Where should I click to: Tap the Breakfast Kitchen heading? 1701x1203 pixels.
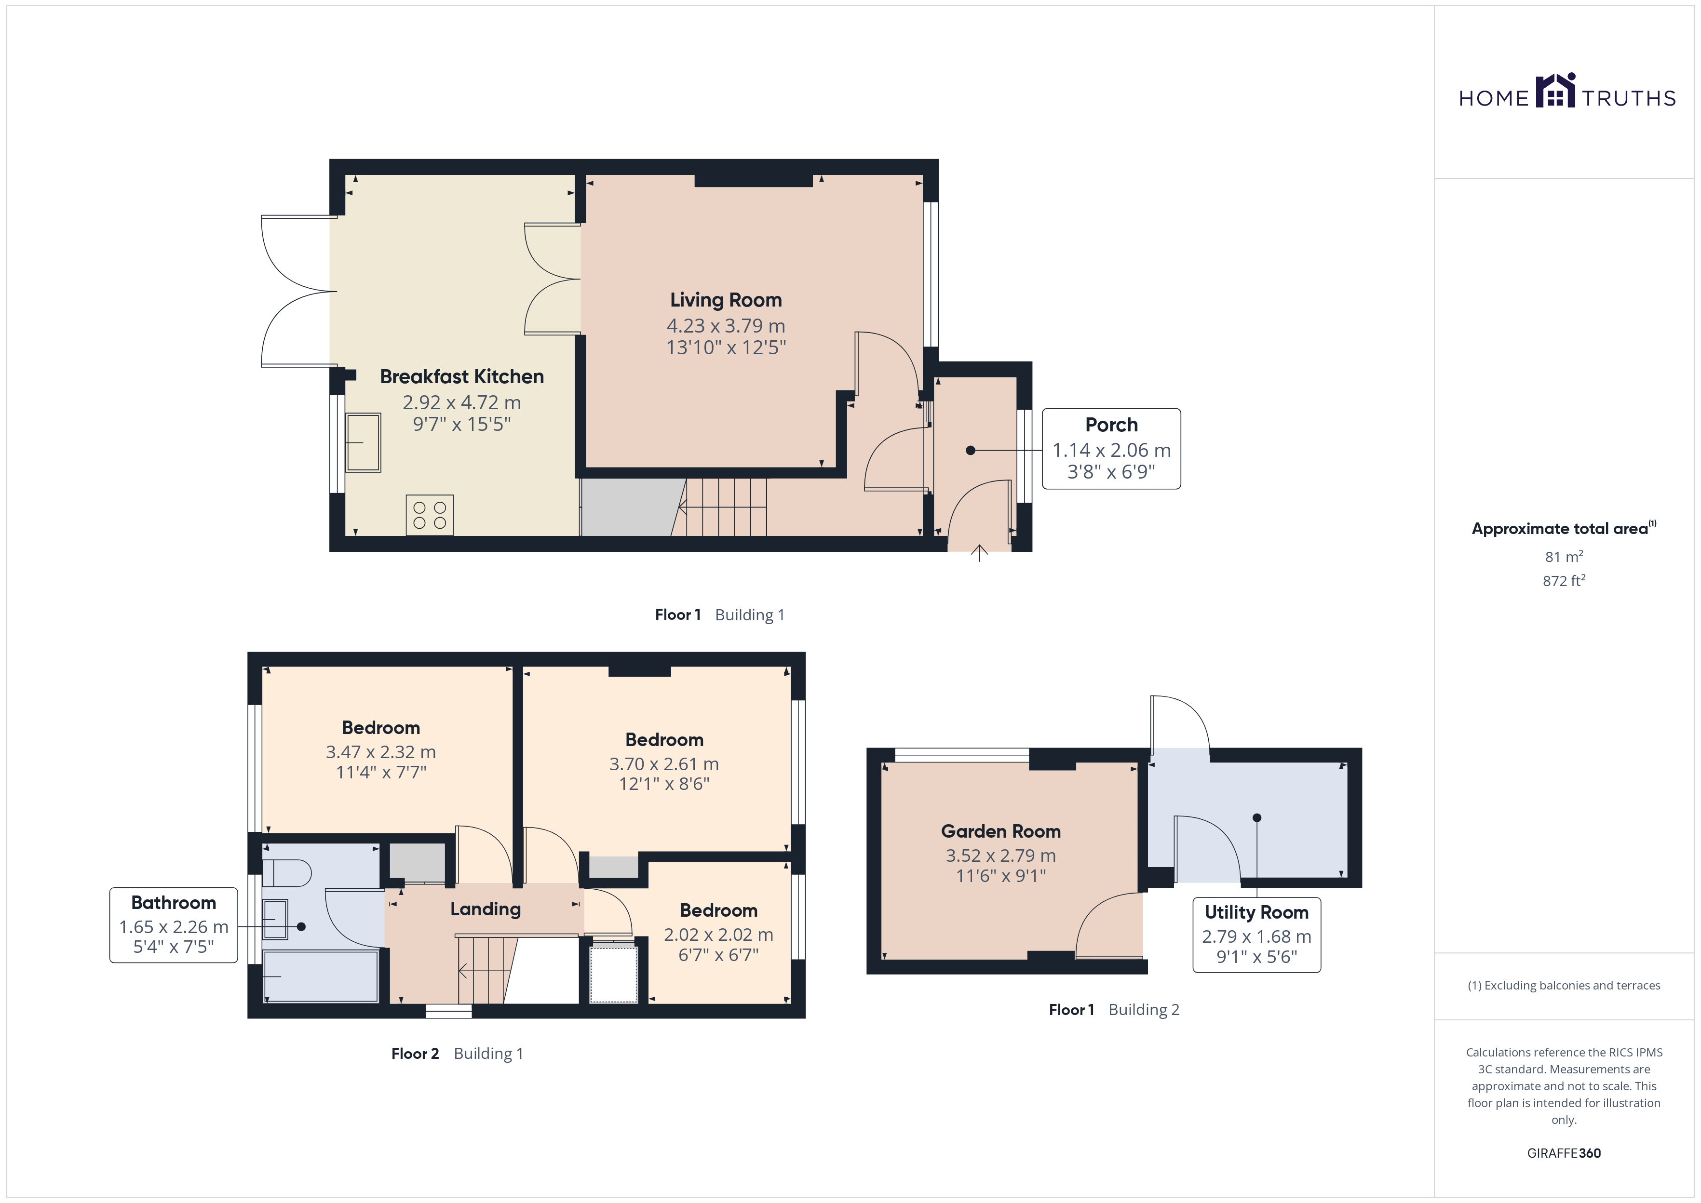(x=461, y=376)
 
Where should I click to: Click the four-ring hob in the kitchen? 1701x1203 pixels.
(x=430, y=515)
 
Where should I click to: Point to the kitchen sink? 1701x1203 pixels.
(x=363, y=442)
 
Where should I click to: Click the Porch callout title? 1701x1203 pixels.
(x=1111, y=425)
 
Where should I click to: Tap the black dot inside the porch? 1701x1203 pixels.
(x=971, y=450)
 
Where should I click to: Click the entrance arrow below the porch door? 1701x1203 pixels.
(x=979, y=553)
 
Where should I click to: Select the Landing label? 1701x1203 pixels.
(x=485, y=909)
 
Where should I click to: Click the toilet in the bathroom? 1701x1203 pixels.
(x=287, y=873)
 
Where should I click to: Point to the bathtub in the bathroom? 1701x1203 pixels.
(x=321, y=976)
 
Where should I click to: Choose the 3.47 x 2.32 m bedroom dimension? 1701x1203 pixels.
(x=381, y=752)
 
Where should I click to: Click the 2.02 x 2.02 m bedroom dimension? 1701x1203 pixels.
(x=718, y=935)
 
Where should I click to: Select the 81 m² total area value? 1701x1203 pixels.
(x=1564, y=556)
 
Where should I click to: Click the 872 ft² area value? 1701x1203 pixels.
(x=1564, y=581)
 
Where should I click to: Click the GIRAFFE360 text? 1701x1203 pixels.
(x=1564, y=1153)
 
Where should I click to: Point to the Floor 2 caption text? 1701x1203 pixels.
(x=415, y=1054)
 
